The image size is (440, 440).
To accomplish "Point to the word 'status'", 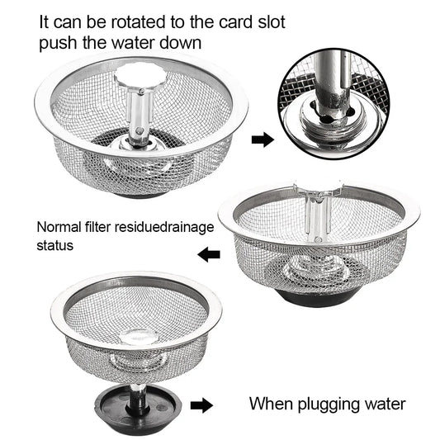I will tap(55, 245).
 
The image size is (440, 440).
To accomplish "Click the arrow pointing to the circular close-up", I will tap(263, 140).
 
